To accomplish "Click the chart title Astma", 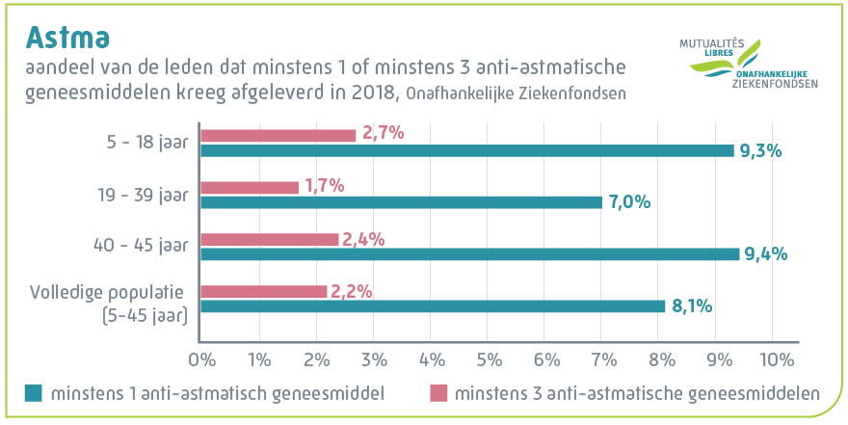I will pyautogui.click(x=66, y=36).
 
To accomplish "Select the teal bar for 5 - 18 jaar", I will pyautogui.click(x=466, y=150).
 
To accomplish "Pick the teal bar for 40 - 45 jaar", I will pyautogui.click(x=469, y=254).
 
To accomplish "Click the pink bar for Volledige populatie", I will pyautogui.click(x=263, y=291).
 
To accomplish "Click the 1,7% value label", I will pyautogui.click(x=324, y=186).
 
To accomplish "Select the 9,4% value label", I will pyautogui.click(x=767, y=254).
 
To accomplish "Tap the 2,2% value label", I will pyautogui.click(x=352, y=290).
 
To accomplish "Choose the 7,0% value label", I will pyautogui.click(x=630, y=202).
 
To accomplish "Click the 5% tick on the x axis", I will pyautogui.click(x=488, y=359).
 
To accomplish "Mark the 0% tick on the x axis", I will pyautogui.click(x=200, y=359).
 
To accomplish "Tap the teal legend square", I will pyautogui.click(x=34, y=393).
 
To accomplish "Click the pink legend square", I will pyautogui.click(x=437, y=393).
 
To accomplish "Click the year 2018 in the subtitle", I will pyautogui.click(x=373, y=93).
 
